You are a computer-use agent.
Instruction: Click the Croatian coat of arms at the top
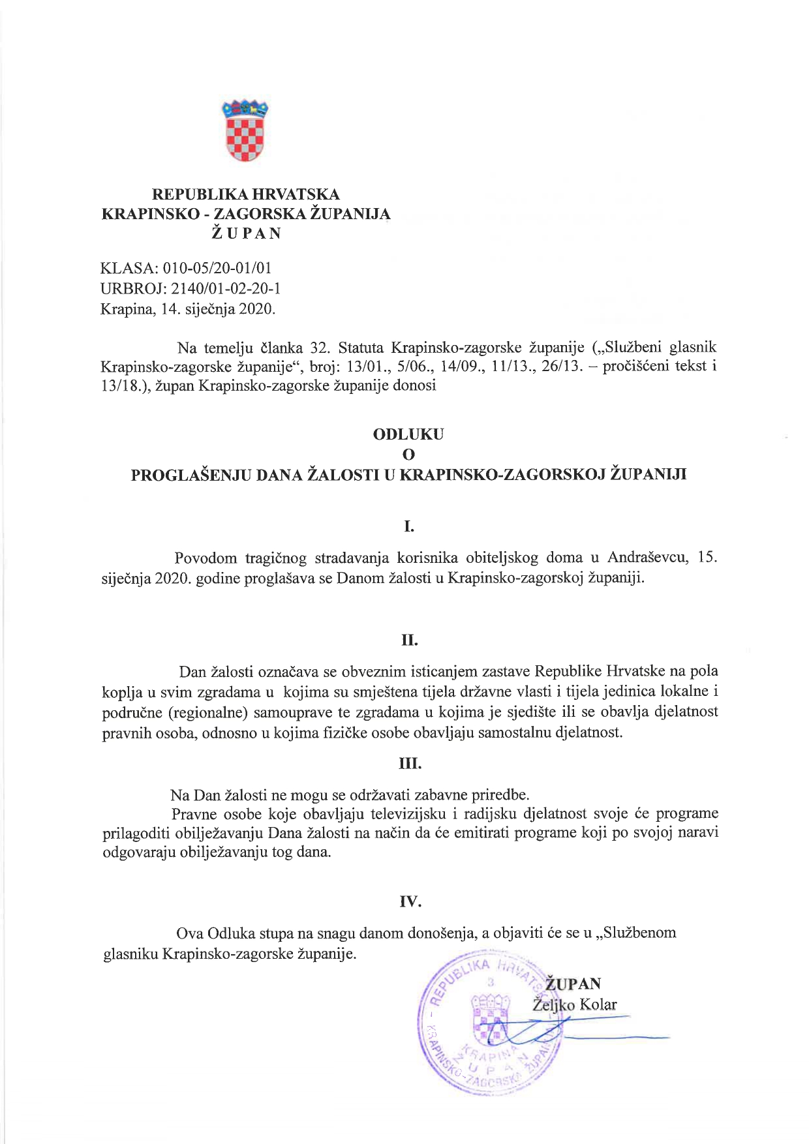click(245, 130)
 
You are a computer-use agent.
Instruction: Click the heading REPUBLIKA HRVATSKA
click(245, 194)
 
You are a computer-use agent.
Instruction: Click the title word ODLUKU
click(408, 434)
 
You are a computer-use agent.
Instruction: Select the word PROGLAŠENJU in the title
click(191, 475)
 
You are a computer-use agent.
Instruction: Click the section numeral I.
click(409, 526)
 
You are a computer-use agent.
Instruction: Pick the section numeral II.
click(409, 640)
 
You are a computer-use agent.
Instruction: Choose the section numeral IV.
click(410, 902)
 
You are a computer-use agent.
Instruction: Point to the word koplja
click(121, 692)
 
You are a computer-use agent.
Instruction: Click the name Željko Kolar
click(575, 1005)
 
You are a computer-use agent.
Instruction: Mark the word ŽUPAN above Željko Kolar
click(573, 984)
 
